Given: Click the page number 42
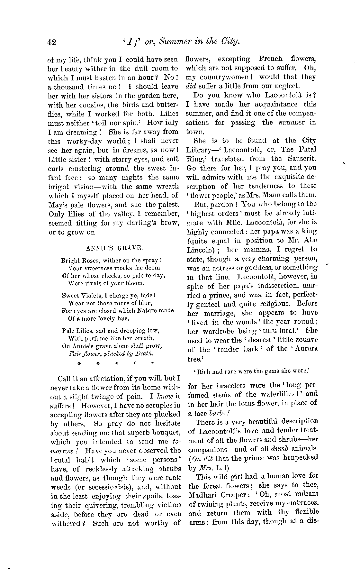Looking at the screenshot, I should pyautogui.click(x=51, y=42).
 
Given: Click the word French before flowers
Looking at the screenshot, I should pyautogui.click(x=270, y=59).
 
